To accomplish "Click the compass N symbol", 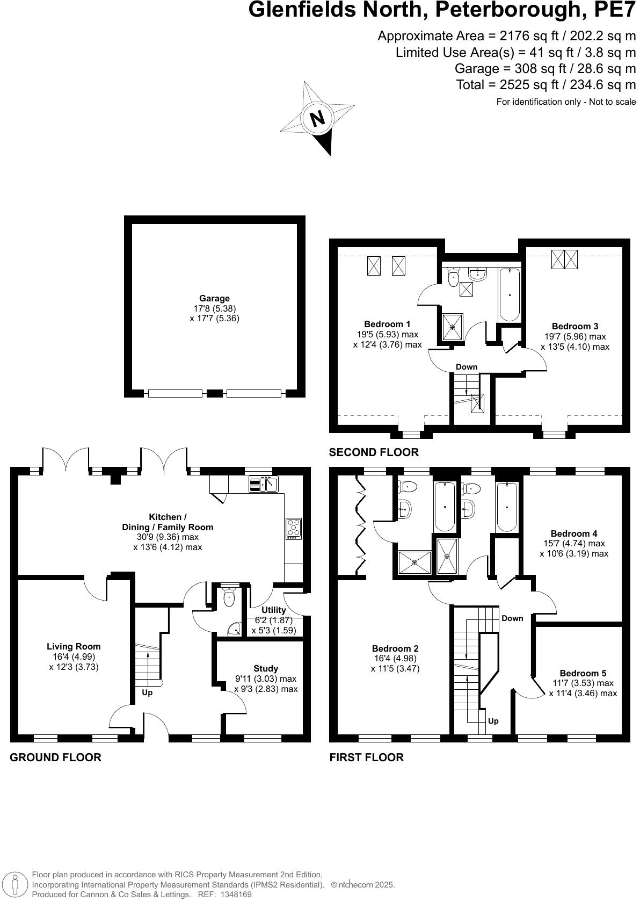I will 318,118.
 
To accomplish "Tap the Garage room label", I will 214,299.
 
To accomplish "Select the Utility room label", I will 273,610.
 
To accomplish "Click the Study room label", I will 265,668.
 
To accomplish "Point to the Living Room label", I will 74,646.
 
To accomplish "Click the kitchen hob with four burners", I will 294,528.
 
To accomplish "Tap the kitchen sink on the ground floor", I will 263,485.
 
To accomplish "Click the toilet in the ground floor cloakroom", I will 229,598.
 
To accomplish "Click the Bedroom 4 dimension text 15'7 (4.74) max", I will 573,544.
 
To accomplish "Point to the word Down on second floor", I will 466,367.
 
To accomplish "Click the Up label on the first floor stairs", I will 493,721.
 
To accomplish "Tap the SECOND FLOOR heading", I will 374,452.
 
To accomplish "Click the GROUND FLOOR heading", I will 55,757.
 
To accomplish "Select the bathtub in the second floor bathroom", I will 508,294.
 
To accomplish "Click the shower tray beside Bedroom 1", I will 452,327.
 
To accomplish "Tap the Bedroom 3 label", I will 574,326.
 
